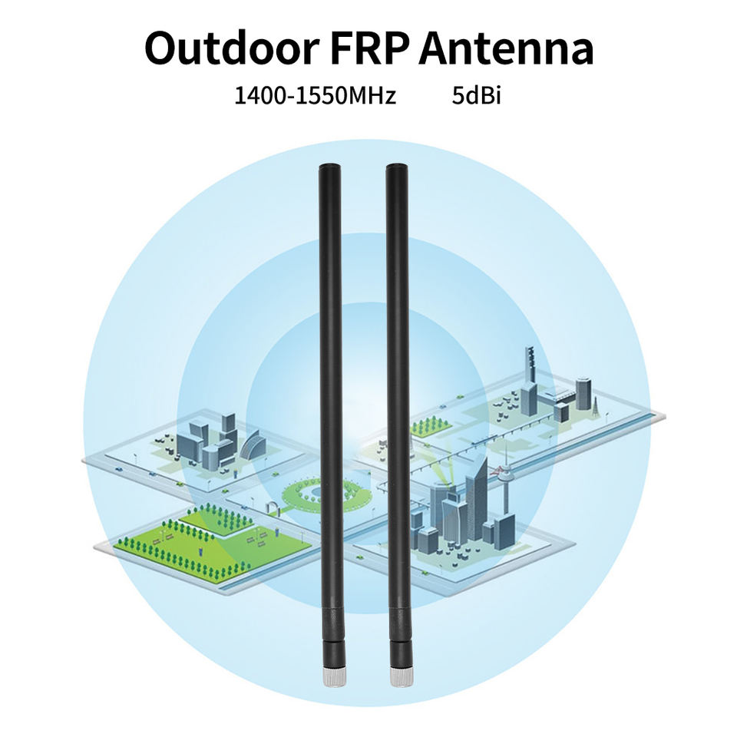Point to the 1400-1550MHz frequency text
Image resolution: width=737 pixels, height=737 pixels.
(x=315, y=97)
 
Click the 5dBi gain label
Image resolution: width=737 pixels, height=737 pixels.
(x=477, y=97)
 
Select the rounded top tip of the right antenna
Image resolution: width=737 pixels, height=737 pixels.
(x=396, y=167)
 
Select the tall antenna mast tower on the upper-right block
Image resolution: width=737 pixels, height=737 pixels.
(x=529, y=368)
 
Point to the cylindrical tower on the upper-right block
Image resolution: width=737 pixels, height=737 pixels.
(x=583, y=392)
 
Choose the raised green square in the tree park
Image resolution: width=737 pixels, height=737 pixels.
(x=217, y=521)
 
